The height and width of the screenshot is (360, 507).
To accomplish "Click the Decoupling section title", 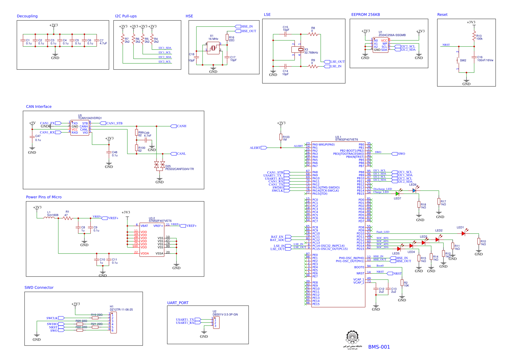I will (x=27, y=16).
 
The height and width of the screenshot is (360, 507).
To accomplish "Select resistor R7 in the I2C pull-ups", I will (x=123, y=40).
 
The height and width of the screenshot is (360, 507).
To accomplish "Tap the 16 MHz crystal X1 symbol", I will (x=213, y=48).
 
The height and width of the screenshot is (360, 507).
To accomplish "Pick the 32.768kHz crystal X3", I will (x=301, y=49).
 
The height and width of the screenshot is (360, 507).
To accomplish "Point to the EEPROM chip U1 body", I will (x=380, y=45).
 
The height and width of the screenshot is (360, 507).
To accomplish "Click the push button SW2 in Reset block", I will (x=459, y=60).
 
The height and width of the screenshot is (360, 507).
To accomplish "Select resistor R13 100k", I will (x=474, y=37).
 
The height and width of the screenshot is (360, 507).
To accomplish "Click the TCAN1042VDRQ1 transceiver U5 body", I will (x=80, y=128).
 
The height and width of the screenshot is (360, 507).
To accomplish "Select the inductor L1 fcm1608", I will (x=49, y=218).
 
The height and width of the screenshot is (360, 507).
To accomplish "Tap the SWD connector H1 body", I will (x=113, y=323).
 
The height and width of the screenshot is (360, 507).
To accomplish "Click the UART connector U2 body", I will (x=216, y=323).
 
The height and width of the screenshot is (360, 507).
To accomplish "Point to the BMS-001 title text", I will (x=379, y=347).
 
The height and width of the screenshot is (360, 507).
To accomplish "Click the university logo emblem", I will (x=352, y=337).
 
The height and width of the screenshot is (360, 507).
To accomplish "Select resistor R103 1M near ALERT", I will (x=281, y=137).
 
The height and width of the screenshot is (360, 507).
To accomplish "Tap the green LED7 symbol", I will (x=397, y=193).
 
